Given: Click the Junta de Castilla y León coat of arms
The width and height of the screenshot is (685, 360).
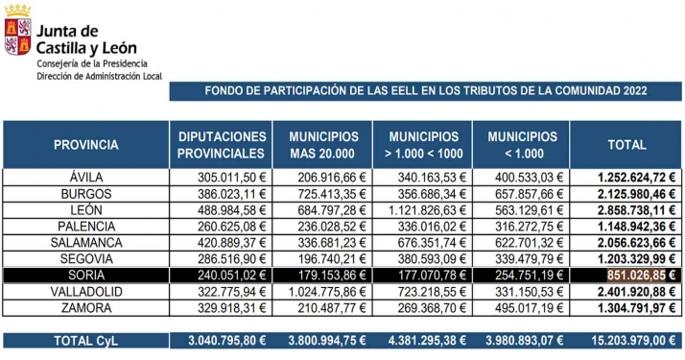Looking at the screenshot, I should pos(16,30).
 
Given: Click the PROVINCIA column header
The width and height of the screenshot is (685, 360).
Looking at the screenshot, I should pos(85,145).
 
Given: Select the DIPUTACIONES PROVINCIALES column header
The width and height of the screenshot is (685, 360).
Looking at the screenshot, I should pos(222,145).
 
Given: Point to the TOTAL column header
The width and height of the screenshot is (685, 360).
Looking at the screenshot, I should pos(627,145).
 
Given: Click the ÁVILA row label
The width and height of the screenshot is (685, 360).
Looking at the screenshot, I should pos(85,178).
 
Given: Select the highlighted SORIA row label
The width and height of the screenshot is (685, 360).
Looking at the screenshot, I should pos(85,276).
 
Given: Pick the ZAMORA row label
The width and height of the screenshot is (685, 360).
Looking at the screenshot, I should pos(85,308).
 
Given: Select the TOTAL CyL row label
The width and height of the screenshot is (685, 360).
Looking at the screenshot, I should pos(85,340).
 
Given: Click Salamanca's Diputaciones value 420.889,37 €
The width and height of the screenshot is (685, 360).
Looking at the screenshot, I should pos(222,243).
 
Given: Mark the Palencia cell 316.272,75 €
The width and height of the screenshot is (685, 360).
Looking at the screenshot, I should pos(527,227).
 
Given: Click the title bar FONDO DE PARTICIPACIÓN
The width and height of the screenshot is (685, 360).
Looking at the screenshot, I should pos(426,90).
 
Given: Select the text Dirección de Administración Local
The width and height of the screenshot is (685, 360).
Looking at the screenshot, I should pos(99,74).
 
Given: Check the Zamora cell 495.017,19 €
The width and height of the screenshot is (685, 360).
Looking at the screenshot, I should pos(527,308).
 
